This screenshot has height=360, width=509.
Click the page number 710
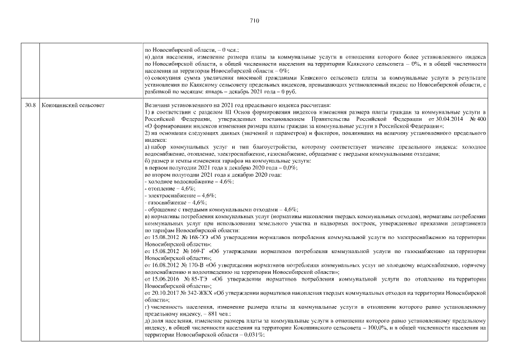pyautogui.click(x=254, y=21)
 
